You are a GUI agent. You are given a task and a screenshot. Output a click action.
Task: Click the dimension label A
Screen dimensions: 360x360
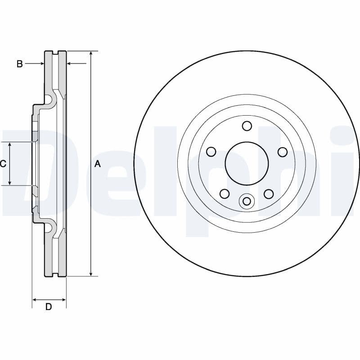click(98, 164)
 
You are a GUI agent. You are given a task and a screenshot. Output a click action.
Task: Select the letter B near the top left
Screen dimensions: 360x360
click(19, 64)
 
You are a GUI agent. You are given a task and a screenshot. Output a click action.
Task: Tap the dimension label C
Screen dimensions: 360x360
click(3, 163)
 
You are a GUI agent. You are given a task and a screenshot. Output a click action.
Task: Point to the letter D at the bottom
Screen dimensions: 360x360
click(49, 307)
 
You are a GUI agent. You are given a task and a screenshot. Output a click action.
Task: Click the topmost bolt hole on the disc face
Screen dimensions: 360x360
click(247, 126)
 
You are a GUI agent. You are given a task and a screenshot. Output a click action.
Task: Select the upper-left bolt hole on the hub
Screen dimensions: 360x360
click(211, 152)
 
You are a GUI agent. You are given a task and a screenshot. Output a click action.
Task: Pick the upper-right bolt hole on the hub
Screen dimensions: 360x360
click(283, 152)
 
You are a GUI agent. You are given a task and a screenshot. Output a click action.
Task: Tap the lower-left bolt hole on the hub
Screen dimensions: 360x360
click(224, 193)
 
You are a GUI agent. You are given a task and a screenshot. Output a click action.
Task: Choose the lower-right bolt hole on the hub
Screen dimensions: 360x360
click(269, 193)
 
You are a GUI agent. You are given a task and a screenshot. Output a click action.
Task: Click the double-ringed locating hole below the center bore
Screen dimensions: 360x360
click(247, 201)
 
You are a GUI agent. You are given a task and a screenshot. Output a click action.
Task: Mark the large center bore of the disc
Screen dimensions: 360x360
click(247, 163)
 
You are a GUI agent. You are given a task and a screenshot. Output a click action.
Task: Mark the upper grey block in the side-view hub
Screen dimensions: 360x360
click(34, 136)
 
